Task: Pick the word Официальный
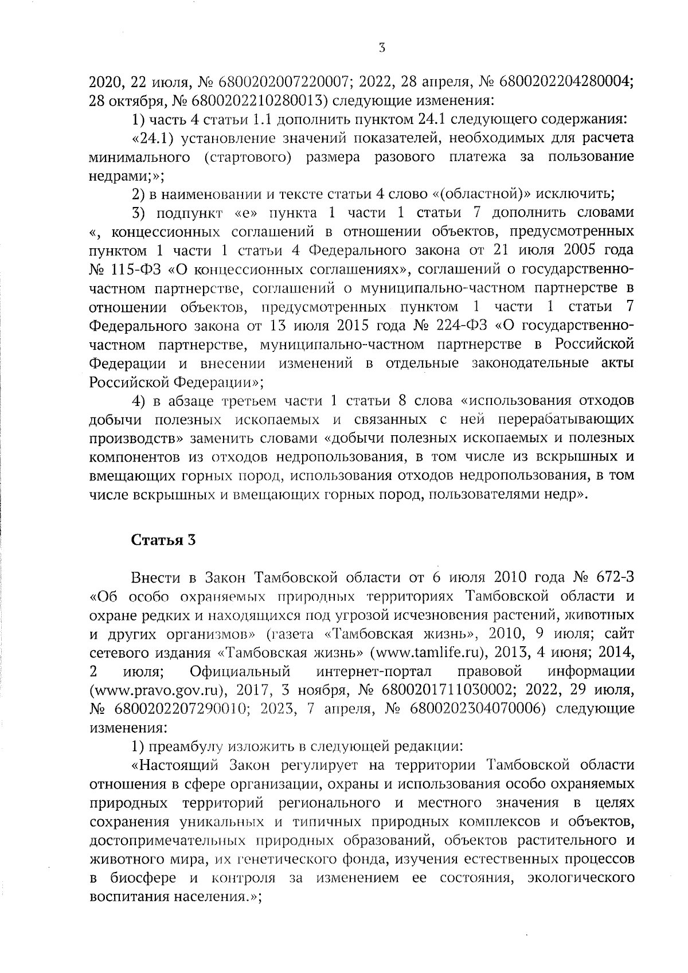click(239, 671)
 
